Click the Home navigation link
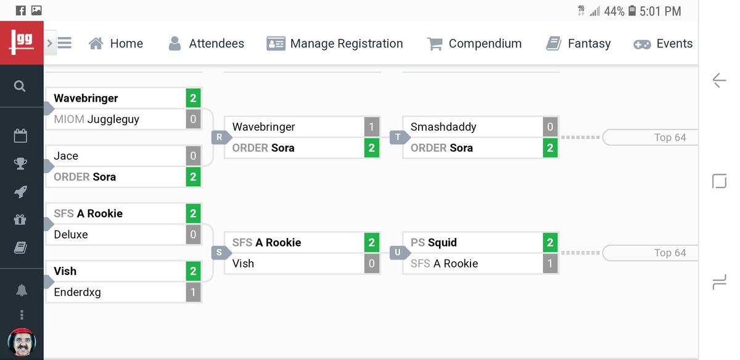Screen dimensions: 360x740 [x=116, y=44]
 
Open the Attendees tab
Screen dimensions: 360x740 [x=207, y=44]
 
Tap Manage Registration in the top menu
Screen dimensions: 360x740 [x=335, y=44]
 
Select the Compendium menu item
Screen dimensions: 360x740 [x=474, y=44]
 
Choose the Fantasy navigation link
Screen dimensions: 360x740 [x=578, y=44]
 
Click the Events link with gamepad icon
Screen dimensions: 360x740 [x=664, y=44]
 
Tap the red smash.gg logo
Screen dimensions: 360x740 [x=22, y=43]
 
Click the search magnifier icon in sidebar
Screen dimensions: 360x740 [x=20, y=86]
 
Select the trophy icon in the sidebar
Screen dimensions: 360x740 [x=20, y=163]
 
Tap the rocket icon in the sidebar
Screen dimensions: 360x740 [x=20, y=192]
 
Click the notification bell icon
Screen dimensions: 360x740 [x=21, y=290]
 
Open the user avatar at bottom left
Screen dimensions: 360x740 [x=22, y=343]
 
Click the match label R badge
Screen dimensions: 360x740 [x=220, y=137]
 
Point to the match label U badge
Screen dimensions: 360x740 [x=398, y=253]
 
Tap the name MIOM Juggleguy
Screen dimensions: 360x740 [x=96, y=120]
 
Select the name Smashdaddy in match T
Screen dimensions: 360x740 [x=443, y=127]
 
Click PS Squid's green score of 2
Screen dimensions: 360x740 [x=550, y=242]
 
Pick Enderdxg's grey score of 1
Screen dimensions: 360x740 [x=193, y=292]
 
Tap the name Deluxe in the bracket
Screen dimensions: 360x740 [x=71, y=234]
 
